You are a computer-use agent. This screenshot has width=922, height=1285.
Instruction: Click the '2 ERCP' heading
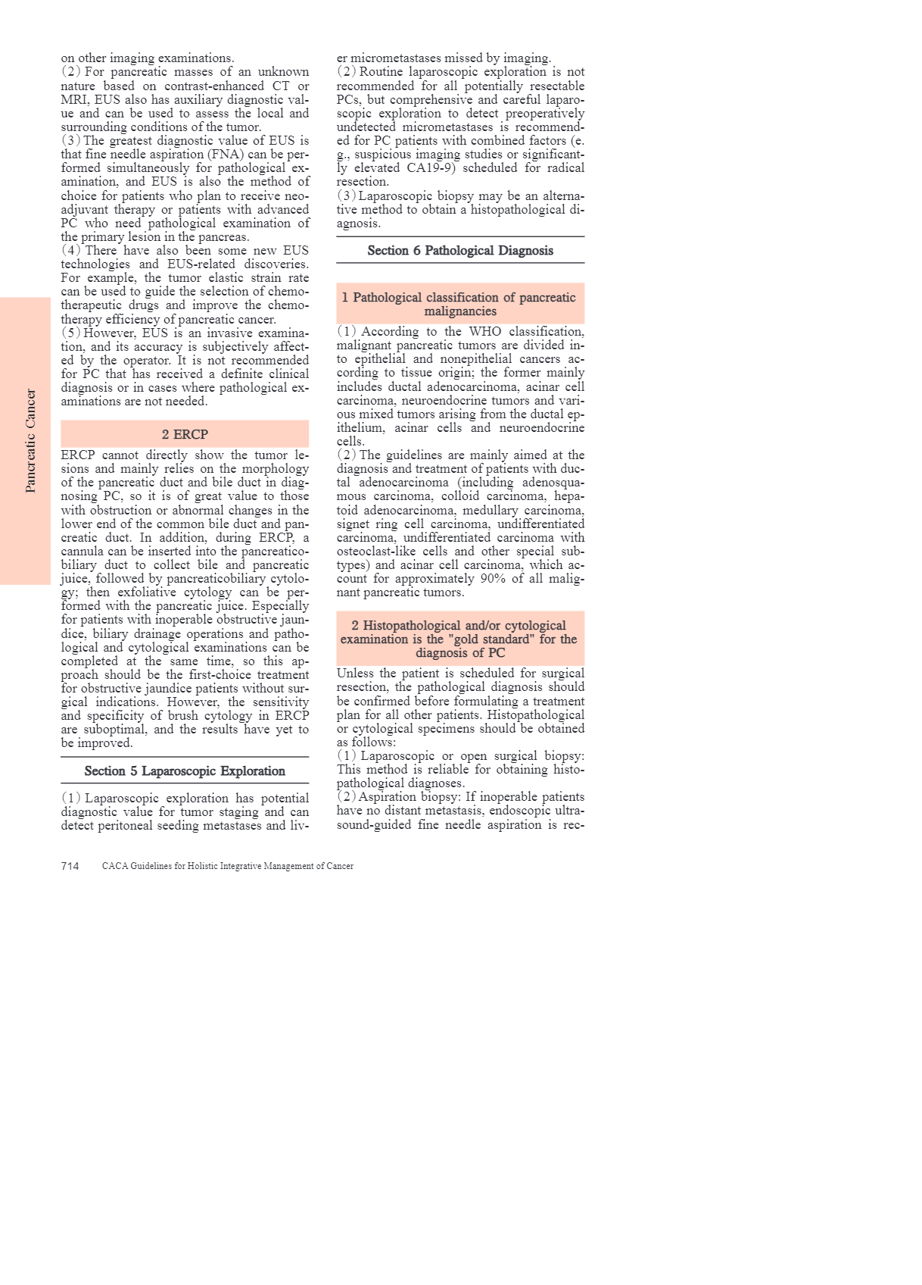(185, 434)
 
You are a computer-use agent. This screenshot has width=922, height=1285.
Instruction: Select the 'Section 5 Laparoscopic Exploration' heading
(185, 771)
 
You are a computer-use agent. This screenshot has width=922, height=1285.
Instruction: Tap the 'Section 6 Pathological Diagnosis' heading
(460, 251)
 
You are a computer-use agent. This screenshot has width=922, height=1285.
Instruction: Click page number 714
(70, 866)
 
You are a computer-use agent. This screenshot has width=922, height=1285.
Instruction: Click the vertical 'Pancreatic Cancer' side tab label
(31, 441)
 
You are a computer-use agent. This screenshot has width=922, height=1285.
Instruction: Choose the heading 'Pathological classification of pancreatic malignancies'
(460, 304)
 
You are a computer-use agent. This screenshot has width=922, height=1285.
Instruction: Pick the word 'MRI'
(74, 100)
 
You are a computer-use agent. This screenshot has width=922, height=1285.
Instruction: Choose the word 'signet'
(354, 524)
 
